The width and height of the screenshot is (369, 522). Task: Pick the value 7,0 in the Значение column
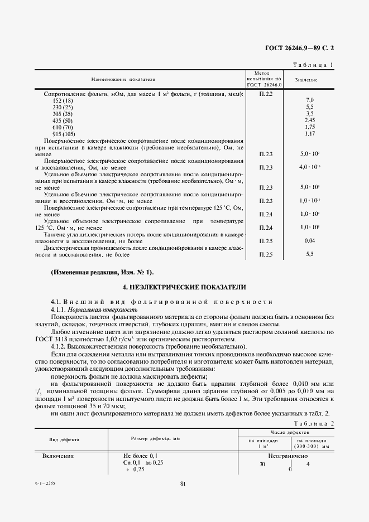[x=310, y=100]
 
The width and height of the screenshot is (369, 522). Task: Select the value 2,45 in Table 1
[x=310, y=120]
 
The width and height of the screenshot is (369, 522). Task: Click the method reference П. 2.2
[x=265, y=94]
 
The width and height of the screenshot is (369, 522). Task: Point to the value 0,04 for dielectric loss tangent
[x=310, y=240]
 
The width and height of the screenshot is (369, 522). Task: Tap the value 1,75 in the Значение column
[x=310, y=127]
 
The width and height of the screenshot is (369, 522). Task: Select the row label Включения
[x=59, y=456]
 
